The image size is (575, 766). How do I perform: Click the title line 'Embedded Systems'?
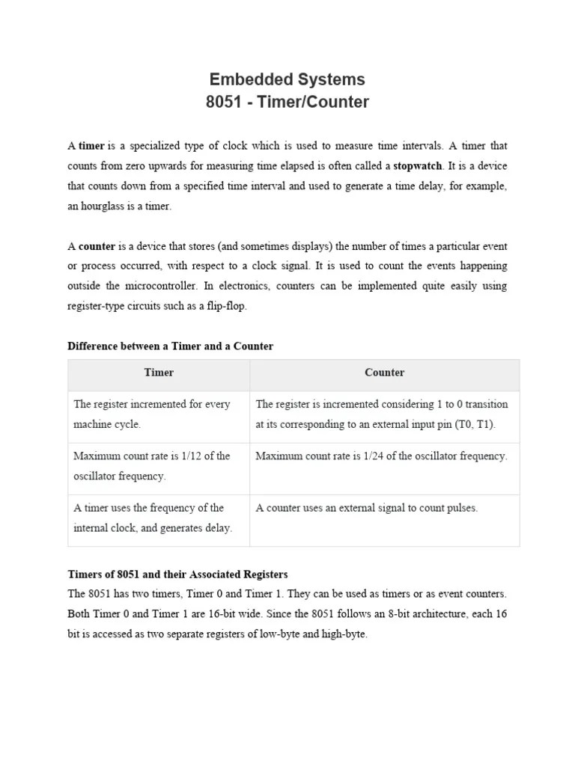287,79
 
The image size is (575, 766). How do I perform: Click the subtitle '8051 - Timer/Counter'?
287,102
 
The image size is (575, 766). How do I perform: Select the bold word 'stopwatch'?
418,165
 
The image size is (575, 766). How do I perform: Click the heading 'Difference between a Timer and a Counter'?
171,346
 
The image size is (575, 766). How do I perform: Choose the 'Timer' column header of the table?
159,373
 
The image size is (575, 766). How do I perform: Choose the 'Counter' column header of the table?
384,373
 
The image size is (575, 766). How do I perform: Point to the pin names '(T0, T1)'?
474,424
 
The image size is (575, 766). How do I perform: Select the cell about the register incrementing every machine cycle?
151,414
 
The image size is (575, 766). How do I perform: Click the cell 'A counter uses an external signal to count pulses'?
366,508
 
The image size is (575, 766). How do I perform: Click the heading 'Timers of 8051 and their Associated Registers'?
177,574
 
